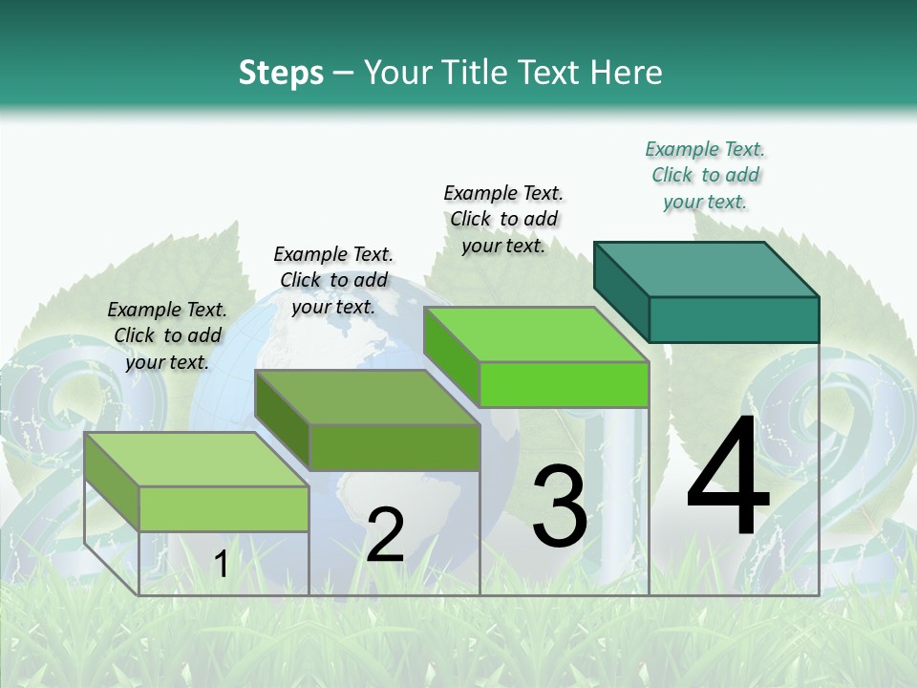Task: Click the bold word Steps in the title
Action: click(281, 73)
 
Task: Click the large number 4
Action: click(728, 478)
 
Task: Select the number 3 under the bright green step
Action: click(559, 506)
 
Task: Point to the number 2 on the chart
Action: click(385, 536)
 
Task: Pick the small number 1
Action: click(221, 565)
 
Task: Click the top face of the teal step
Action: click(707, 269)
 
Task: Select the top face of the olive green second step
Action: click(367, 398)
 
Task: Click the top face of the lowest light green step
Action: click(197, 460)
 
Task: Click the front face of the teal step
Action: click(734, 319)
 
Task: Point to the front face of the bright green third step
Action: click(564, 384)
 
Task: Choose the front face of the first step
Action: click(224, 508)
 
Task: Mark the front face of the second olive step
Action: click(394, 447)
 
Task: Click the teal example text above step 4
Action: click(705, 175)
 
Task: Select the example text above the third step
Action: click(503, 219)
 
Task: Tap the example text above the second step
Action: click(333, 280)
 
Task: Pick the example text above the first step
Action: click(167, 335)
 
